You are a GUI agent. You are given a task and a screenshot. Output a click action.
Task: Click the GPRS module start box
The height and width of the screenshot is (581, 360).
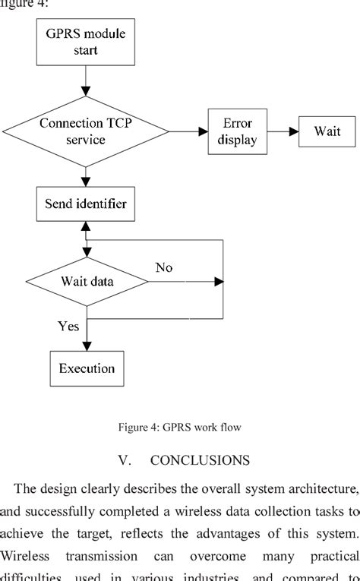(x=86, y=42)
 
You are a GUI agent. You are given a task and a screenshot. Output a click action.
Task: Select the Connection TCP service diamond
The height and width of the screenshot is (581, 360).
(x=86, y=131)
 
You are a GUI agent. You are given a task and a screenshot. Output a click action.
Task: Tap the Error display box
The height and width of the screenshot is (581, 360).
(x=237, y=131)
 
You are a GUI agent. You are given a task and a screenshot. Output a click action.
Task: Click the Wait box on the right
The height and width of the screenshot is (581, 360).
(x=328, y=131)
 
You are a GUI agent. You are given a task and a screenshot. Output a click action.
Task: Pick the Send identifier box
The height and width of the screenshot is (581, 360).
(x=86, y=204)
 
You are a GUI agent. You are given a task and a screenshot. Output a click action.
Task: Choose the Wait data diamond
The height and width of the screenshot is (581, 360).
(x=87, y=282)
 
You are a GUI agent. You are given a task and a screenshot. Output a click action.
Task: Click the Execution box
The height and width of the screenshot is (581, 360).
(x=87, y=368)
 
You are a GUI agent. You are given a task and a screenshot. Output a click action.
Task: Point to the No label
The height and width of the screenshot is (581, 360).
(x=164, y=267)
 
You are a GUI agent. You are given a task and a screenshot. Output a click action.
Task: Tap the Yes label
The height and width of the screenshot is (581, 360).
(x=68, y=326)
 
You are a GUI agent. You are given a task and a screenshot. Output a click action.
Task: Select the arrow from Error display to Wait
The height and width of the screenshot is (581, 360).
(x=282, y=131)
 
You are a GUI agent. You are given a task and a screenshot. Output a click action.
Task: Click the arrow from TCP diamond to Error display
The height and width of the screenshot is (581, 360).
(x=187, y=131)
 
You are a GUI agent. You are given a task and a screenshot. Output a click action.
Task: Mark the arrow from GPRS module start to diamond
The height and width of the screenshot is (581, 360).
(x=86, y=80)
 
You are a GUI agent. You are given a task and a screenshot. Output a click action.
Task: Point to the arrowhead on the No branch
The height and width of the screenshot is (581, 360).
(x=219, y=282)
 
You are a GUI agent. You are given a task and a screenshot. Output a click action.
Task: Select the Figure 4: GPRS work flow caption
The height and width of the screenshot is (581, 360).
(x=179, y=428)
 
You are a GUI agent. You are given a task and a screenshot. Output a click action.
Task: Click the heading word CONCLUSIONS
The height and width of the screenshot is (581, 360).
(x=200, y=460)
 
